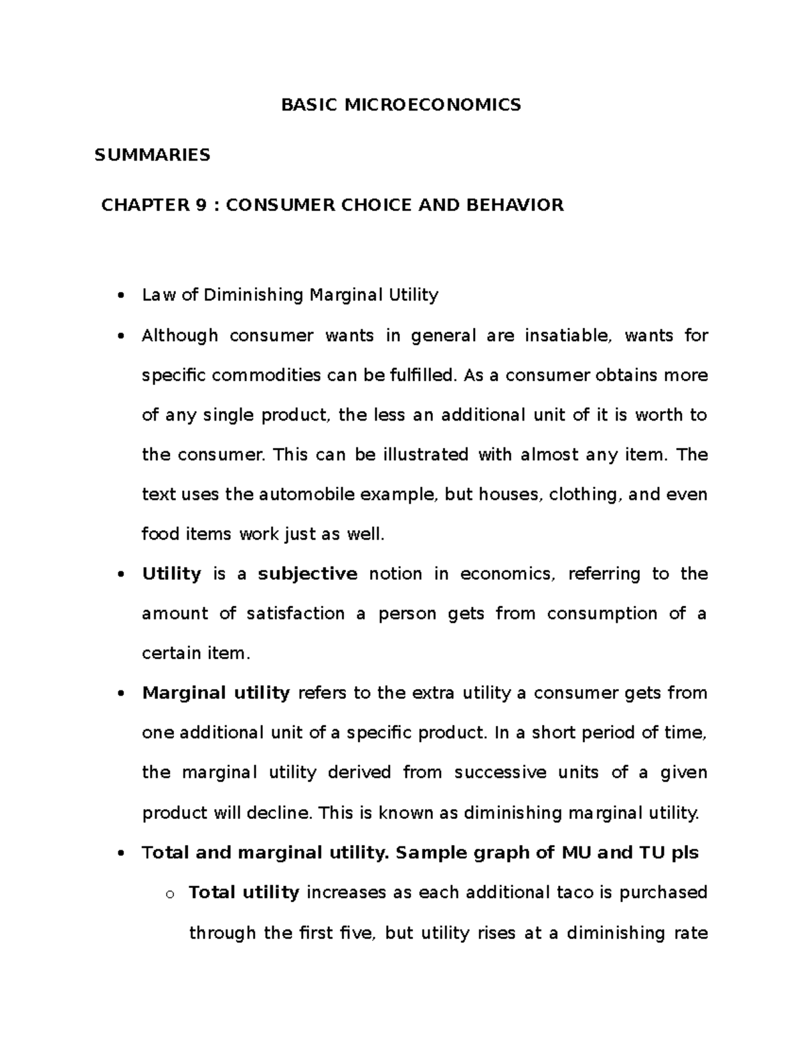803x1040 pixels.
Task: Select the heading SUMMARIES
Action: click(x=153, y=155)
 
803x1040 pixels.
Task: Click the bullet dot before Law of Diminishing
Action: click(x=120, y=297)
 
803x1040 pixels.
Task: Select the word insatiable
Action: click(x=567, y=336)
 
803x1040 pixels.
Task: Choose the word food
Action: click(x=161, y=534)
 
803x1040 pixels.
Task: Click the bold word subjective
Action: click(x=308, y=575)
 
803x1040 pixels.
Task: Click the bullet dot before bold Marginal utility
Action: click(x=120, y=694)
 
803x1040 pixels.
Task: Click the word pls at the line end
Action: click(x=685, y=853)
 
